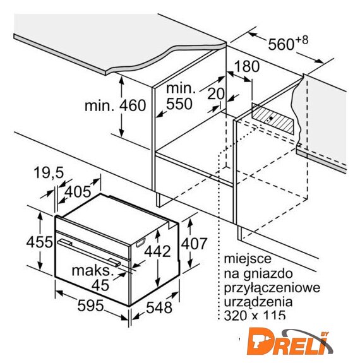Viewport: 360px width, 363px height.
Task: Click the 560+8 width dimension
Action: click(288, 44)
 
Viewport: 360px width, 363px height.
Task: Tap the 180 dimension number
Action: click(247, 66)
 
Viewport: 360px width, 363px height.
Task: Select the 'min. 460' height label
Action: click(115, 105)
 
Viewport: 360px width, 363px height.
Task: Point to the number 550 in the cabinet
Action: click(179, 104)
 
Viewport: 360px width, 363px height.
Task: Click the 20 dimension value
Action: click(215, 93)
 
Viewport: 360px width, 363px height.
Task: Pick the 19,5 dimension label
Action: click(49, 172)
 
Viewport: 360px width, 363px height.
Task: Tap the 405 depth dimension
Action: click(78, 192)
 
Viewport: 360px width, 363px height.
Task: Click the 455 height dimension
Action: click(39, 242)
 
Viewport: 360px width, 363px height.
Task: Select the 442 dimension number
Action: click(157, 251)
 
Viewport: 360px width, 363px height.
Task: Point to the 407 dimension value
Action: click(194, 244)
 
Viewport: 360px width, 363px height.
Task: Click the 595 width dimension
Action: click(90, 306)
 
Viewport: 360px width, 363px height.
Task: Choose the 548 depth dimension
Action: click(159, 307)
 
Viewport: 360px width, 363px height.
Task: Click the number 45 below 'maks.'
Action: click(100, 285)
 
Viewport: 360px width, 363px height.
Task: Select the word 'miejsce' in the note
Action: click(247, 259)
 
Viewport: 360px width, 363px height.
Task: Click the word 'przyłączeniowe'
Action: click(272, 288)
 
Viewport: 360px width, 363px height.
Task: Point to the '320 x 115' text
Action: click(255, 315)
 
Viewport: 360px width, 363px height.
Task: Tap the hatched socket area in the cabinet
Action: click(273, 119)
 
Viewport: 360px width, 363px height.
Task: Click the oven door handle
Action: click(89, 253)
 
